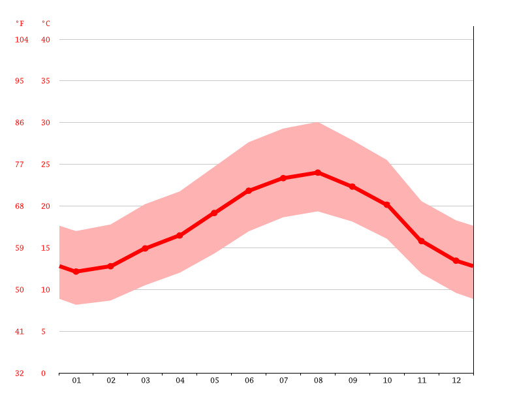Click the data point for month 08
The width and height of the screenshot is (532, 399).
[x=318, y=172]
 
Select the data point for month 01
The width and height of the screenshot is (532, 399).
[x=76, y=272]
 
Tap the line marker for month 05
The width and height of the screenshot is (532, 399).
[x=214, y=213]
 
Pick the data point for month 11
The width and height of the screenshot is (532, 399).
[x=422, y=241]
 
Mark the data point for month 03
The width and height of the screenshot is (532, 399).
[x=145, y=248]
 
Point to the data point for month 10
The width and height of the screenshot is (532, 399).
[x=387, y=205]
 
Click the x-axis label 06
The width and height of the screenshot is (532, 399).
[x=249, y=380]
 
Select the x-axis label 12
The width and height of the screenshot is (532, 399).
[x=456, y=380]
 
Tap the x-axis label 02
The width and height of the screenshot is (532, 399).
[x=111, y=380]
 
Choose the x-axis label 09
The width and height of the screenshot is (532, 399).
[x=352, y=380]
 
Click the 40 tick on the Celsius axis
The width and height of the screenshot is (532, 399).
[x=46, y=39]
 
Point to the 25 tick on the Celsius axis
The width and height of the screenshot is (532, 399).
[x=46, y=165]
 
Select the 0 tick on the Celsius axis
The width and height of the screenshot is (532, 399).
[x=44, y=374]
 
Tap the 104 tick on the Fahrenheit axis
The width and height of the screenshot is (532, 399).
[x=22, y=39]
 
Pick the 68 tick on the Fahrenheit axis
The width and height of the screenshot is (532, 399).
[x=20, y=206]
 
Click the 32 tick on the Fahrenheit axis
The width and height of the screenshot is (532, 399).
[x=20, y=374]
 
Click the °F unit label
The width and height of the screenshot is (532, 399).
[x=20, y=24]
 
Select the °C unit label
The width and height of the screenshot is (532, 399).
[x=46, y=24]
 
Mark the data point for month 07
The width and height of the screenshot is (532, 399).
[x=283, y=178]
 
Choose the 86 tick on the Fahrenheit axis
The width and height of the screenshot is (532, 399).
[x=20, y=123]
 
